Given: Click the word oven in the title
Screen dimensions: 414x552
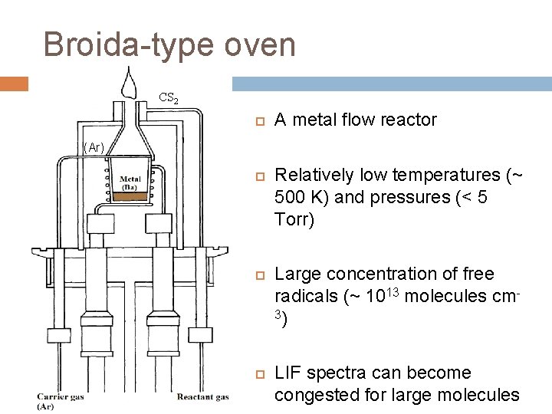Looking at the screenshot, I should click(261, 44).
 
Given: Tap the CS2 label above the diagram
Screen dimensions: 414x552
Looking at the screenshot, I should click(169, 98).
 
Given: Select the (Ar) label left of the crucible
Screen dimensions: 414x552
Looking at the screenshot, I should click(94, 146).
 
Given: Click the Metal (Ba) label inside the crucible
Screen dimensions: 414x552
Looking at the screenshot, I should click(130, 184).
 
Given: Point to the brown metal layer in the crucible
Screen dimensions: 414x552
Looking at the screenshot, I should click(128, 197).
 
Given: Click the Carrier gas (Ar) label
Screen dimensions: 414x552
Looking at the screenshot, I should click(61, 401).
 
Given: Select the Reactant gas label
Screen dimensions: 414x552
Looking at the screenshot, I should click(202, 397).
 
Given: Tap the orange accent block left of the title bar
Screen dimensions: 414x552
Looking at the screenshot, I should click(14, 84).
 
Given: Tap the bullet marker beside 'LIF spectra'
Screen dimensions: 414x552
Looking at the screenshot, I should click(259, 374).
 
